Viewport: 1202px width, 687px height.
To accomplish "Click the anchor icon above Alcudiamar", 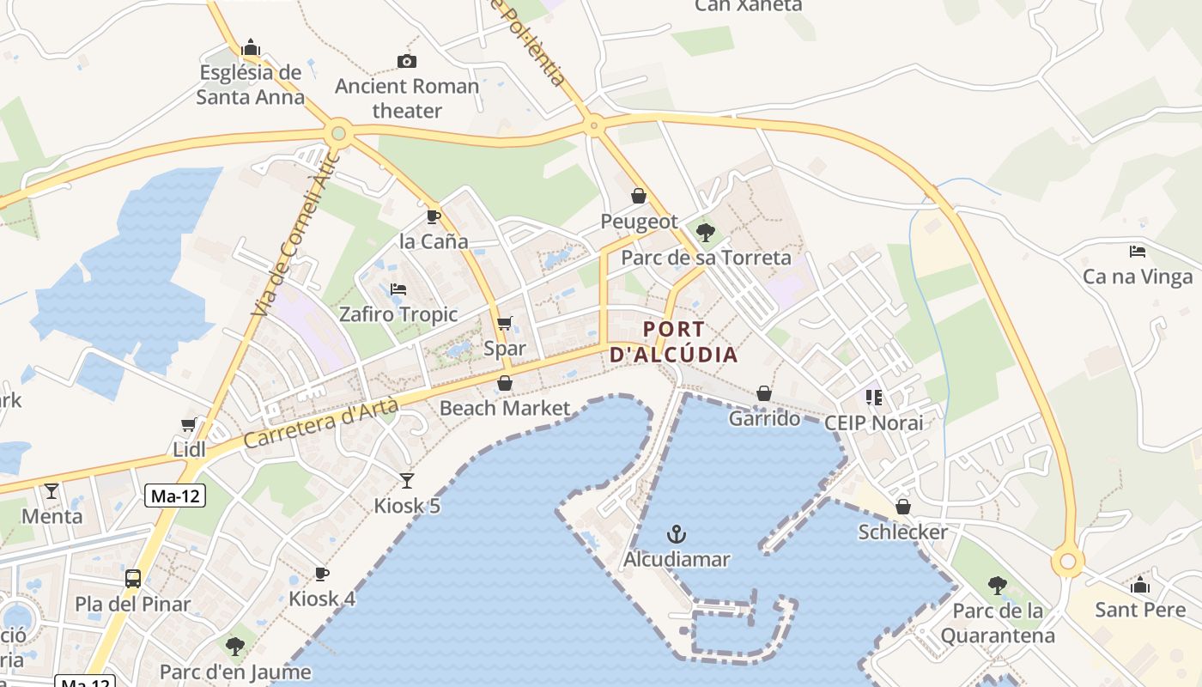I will tap(677, 534).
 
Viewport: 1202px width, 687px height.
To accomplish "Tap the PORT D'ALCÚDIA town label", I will tap(674, 342).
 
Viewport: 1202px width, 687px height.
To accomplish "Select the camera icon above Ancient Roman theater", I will tap(407, 61).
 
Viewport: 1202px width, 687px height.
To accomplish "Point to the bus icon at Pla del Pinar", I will tap(133, 578).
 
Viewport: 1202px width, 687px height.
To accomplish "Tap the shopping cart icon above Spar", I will tap(505, 324).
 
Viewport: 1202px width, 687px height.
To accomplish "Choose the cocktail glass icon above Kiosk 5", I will tap(407, 480).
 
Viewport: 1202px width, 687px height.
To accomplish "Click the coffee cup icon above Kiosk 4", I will tap(322, 573).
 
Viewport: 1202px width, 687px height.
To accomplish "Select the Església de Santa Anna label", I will tap(250, 84).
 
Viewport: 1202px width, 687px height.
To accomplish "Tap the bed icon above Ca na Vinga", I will tap(1138, 252).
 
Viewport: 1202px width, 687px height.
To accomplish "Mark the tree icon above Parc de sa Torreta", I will tap(706, 232).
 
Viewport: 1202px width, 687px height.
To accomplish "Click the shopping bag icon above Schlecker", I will tap(902, 507).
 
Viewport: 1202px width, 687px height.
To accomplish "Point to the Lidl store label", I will tap(189, 449).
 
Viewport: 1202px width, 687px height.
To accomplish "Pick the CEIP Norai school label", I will tap(873, 423).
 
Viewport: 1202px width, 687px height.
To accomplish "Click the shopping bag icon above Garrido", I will tap(764, 393).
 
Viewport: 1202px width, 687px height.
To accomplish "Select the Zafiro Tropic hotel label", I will tap(398, 314).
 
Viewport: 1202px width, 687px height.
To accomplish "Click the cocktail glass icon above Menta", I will tap(52, 491).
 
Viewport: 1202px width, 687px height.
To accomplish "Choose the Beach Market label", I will tap(505, 408).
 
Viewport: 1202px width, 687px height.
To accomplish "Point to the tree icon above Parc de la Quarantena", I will tap(997, 586).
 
